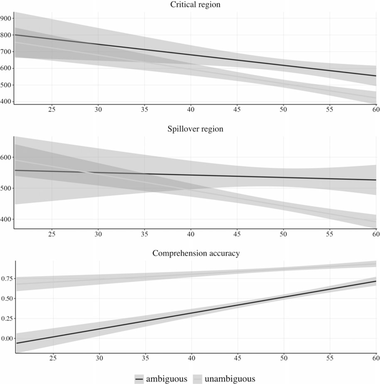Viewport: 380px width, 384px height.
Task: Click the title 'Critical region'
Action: coord(195,5)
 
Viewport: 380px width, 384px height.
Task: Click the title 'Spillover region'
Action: coord(195,129)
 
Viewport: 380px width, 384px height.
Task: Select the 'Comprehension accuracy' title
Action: coord(196,253)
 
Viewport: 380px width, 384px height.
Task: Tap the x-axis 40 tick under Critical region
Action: coord(191,109)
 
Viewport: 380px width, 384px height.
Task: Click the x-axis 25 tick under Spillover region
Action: coord(52,234)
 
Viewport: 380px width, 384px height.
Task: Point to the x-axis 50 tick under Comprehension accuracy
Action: coord(284,358)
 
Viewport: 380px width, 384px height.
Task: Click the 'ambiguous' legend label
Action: coord(166,379)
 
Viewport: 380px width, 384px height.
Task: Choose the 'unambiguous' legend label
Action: coord(230,379)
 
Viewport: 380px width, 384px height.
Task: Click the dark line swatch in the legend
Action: coord(139,379)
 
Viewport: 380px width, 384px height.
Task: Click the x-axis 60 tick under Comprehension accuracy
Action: coord(376,358)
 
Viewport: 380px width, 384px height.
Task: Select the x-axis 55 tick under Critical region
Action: coord(329,109)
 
